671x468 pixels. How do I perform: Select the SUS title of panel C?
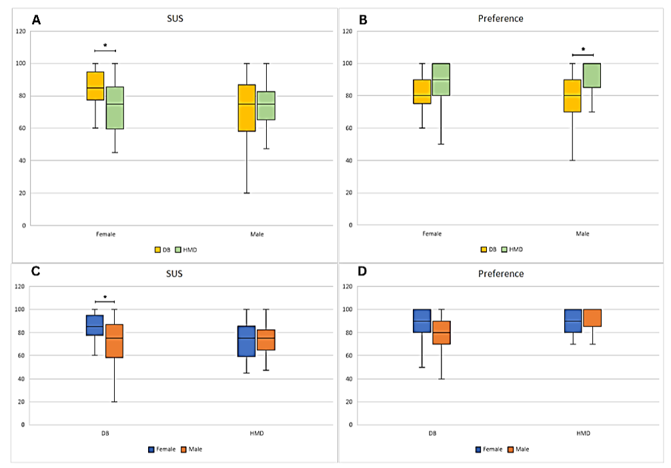pyautogui.click(x=174, y=274)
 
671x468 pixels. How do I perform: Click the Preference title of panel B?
pyautogui.click(x=500, y=19)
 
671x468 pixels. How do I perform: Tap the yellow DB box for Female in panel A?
pyautogui.click(x=95, y=85)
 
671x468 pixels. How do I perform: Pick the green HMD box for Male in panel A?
pyautogui.click(x=267, y=105)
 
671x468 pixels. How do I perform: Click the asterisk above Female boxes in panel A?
pyautogui.click(x=105, y=45)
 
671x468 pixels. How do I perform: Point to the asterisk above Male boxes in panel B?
pyautogui.click(x=583, y=50)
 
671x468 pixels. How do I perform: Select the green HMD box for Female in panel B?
pyautogui.click(x=441, y=79)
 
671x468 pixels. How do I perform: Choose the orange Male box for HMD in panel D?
pyautogui.click(x=592, y=318)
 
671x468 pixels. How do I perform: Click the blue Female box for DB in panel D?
pyautogui.click(x=422, y=321)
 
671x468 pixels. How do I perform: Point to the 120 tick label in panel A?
pyautogui.click(x=22, y=31)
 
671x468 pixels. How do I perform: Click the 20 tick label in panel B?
pyautogui.click(x=349, y=193)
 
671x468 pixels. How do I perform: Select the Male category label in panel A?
pyautogui.click(x=257, y=234)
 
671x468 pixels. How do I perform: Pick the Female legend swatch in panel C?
pyautogui.click(x=152, y=449)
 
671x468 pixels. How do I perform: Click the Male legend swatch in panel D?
pyautogui.click(x=511, y=449)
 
